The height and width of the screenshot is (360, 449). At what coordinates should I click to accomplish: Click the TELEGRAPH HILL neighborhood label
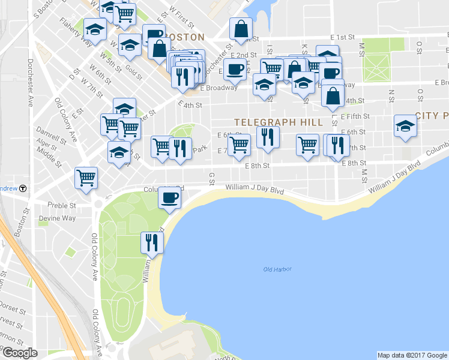(x=278, y=122)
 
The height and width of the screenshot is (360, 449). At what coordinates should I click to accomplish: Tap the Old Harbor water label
(x=277, y=269)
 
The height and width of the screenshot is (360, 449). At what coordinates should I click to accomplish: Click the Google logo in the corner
(x=19, y=353)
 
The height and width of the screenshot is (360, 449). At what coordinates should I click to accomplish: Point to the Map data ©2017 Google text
(x=412, y=355)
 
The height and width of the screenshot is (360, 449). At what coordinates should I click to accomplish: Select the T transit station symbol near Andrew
(x=23, y=188)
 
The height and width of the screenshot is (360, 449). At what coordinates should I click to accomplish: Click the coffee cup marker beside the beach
(x=170, y=198)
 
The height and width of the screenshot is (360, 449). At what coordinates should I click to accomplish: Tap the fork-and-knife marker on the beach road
(x=151, y=242)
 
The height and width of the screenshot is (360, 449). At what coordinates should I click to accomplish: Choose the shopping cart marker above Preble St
(x=86, y=178)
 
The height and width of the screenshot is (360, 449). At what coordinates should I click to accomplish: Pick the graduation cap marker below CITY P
(x=405, y=127)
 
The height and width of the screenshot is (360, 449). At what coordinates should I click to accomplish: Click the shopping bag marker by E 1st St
(x=241, y=29)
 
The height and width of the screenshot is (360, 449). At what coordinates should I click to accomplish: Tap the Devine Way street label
(x=56, y=218)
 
